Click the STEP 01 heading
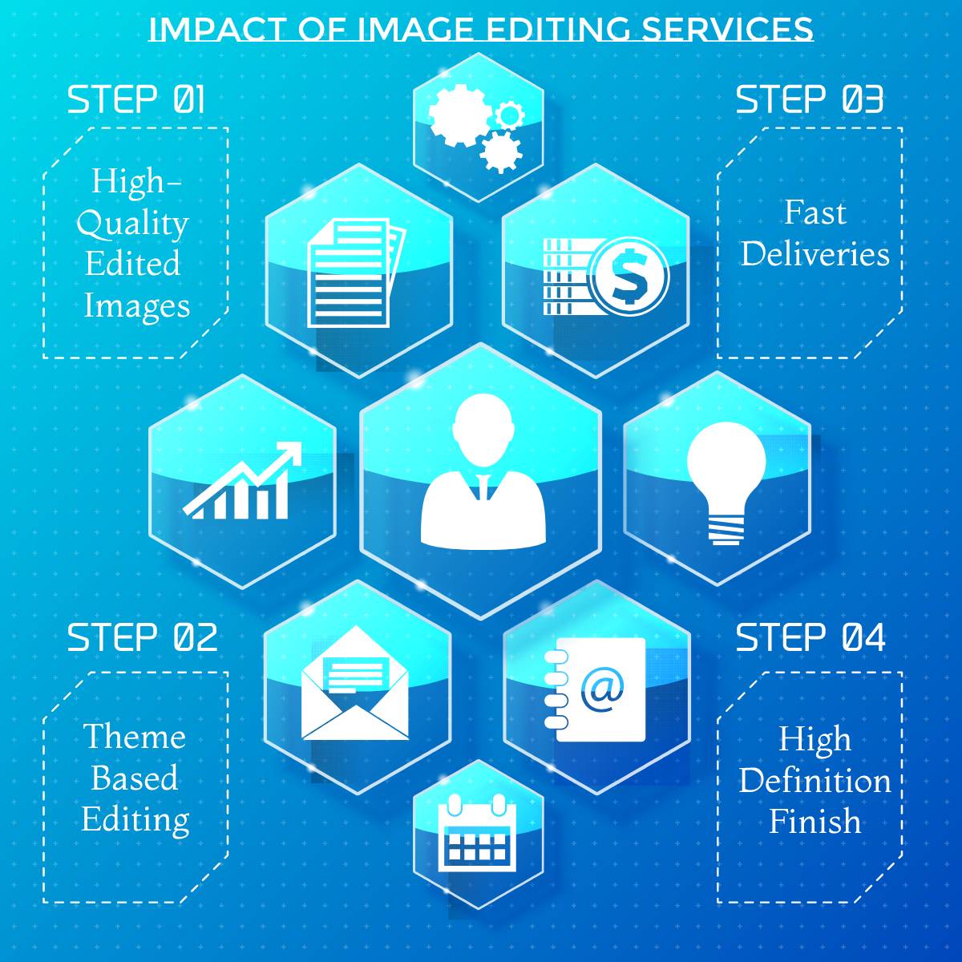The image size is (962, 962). [x=135, y=99]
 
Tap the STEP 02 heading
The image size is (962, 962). [x=142, y=637]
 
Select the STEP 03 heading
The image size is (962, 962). [x=809, y=99]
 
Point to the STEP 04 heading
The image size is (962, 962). [x=810, y=637]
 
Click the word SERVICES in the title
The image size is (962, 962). [x=727, y=28]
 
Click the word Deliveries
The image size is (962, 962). [x=814, y=253]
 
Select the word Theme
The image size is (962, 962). [x=135, y=736]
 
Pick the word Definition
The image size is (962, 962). [x=814, y=780]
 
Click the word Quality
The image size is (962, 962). [x=133, y=224]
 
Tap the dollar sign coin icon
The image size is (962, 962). [x=629, y=277]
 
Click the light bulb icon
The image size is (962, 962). [x=726, y=483]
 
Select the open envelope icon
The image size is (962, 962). [x=355, y=682]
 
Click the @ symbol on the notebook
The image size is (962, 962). [x=602, y=691]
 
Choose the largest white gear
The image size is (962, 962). [x=459, y=115]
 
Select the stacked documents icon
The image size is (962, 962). [x=357, y=273]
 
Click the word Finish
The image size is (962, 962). [x=814, y=821]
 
